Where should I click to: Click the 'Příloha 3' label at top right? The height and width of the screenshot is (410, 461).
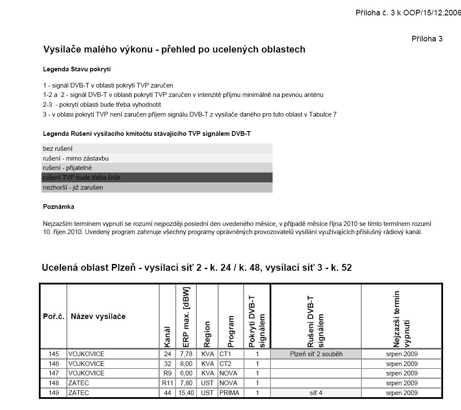tap(427, 39)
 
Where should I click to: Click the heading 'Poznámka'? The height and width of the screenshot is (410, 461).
tap(59, 207)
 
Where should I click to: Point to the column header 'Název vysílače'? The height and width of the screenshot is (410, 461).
tap(98, 316)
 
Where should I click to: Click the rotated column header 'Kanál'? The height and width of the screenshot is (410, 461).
tap(167, 337)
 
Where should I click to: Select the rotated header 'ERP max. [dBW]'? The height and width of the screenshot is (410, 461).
tap(186, 316)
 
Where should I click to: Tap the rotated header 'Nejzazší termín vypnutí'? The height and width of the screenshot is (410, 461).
tap(401, 319)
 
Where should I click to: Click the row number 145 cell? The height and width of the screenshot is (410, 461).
tap(54, 354)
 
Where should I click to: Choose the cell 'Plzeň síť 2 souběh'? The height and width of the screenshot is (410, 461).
tap(316, 354)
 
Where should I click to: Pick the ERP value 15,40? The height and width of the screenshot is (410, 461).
tap(186, 393)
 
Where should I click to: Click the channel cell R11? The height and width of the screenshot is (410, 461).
tap(167, 383)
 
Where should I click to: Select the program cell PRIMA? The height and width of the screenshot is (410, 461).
tap(229, 393)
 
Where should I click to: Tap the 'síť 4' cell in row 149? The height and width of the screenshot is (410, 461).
tap(316, 393)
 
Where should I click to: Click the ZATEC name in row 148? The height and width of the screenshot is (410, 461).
tap(79, 383)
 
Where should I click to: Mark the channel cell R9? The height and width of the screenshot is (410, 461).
tap(167, 373)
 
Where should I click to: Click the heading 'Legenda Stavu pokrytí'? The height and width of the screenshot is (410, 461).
tap(77, 69)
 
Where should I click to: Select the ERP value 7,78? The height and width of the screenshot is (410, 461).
tap(186, 354)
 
